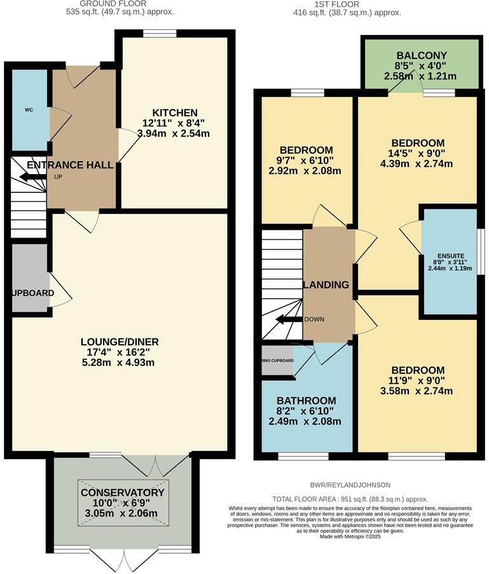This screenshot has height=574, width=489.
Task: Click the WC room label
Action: tap(29, 110)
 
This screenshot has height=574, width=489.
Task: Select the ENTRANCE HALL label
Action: tap(70, 165)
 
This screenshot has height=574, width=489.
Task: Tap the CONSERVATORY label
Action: tap(122, 493)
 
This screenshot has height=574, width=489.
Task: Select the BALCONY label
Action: tap(420, 55)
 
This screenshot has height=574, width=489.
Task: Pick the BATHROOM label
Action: tap(306, 401)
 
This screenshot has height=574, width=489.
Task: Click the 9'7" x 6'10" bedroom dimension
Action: tap(306, 165)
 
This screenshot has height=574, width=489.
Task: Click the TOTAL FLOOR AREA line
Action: tap(350, 499)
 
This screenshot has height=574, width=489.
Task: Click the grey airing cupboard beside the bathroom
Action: tap(277, 361)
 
